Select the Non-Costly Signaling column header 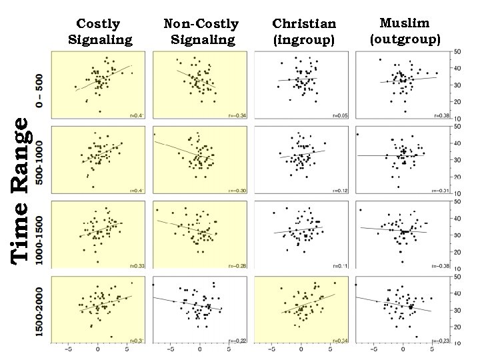pyautogui.click(x=202, y=32)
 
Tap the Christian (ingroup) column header pyautogui.click(x=305, y=32)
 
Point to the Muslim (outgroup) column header pyautogui.click(x=405, y=31)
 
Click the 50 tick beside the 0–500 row pyautogui.click(x=458, y=52)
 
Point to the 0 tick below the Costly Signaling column pyautogui.click(x=98, y=349)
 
